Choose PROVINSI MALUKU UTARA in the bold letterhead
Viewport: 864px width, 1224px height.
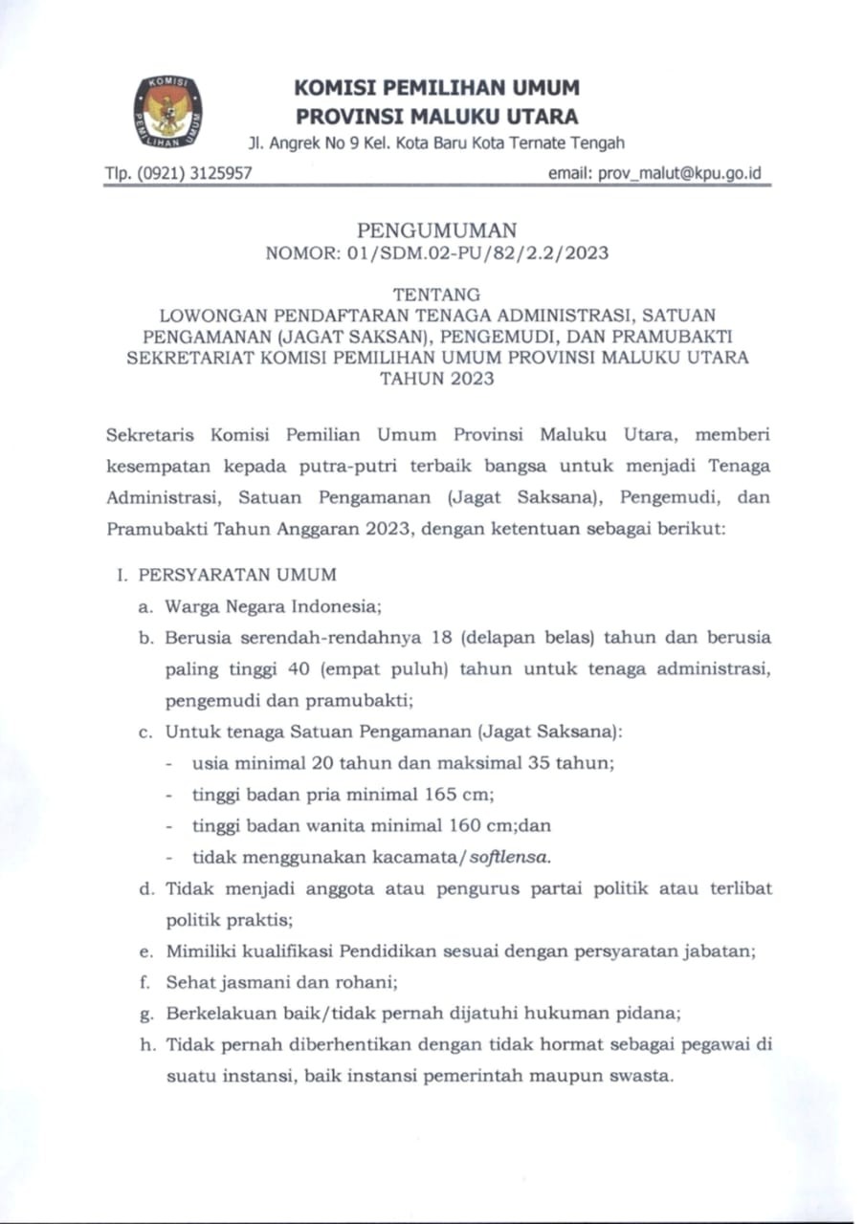[x=436, y=118]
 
